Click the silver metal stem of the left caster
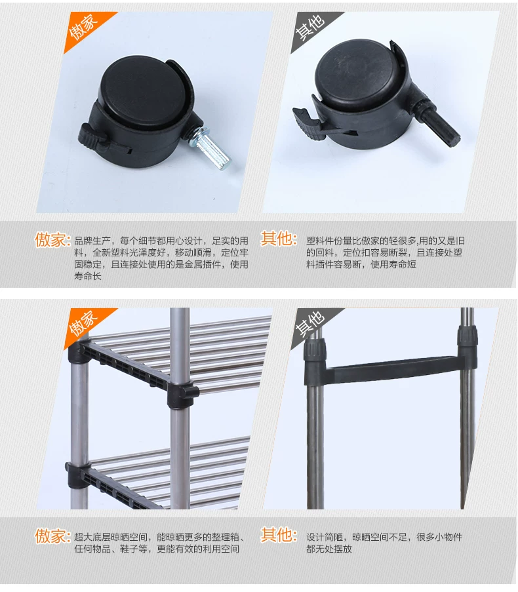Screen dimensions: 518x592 212,148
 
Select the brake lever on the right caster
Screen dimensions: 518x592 307,121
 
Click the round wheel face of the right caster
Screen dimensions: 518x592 357,73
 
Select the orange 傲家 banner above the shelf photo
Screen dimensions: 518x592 85,325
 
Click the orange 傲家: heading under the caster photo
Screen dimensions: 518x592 53,240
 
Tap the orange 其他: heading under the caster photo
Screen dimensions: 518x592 279,239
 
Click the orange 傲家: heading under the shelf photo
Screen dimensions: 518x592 53,536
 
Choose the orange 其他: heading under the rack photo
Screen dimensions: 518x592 279,534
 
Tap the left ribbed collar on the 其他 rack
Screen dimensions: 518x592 315,349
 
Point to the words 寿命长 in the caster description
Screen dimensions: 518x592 88,276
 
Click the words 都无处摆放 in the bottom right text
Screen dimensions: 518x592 329,549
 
